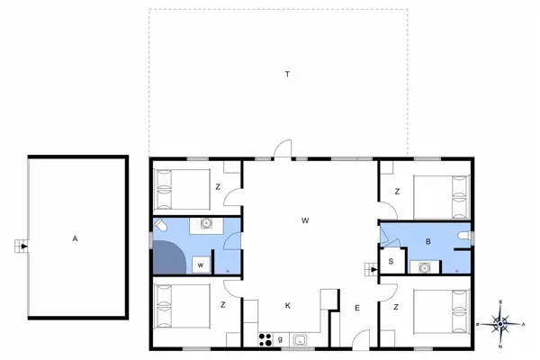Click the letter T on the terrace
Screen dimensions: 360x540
pos(287,72)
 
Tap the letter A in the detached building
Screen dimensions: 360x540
pos(76,238)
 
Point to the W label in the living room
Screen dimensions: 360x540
pos(305,220)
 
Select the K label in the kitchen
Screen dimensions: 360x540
pos(288,306)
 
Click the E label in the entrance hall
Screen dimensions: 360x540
pos(357,309)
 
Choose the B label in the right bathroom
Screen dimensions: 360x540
pos(428,241)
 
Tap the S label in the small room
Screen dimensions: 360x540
pos(391,261)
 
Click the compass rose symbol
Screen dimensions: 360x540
pos(500,322)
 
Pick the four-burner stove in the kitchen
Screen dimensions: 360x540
pos(266,339)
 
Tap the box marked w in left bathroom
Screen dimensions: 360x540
pos(201,264)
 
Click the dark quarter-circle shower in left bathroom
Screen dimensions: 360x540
pos(170,258)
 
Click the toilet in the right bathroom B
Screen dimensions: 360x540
pos(463,236)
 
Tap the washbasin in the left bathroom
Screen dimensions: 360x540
pos(206,224)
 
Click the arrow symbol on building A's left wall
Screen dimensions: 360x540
pos(22,244)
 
